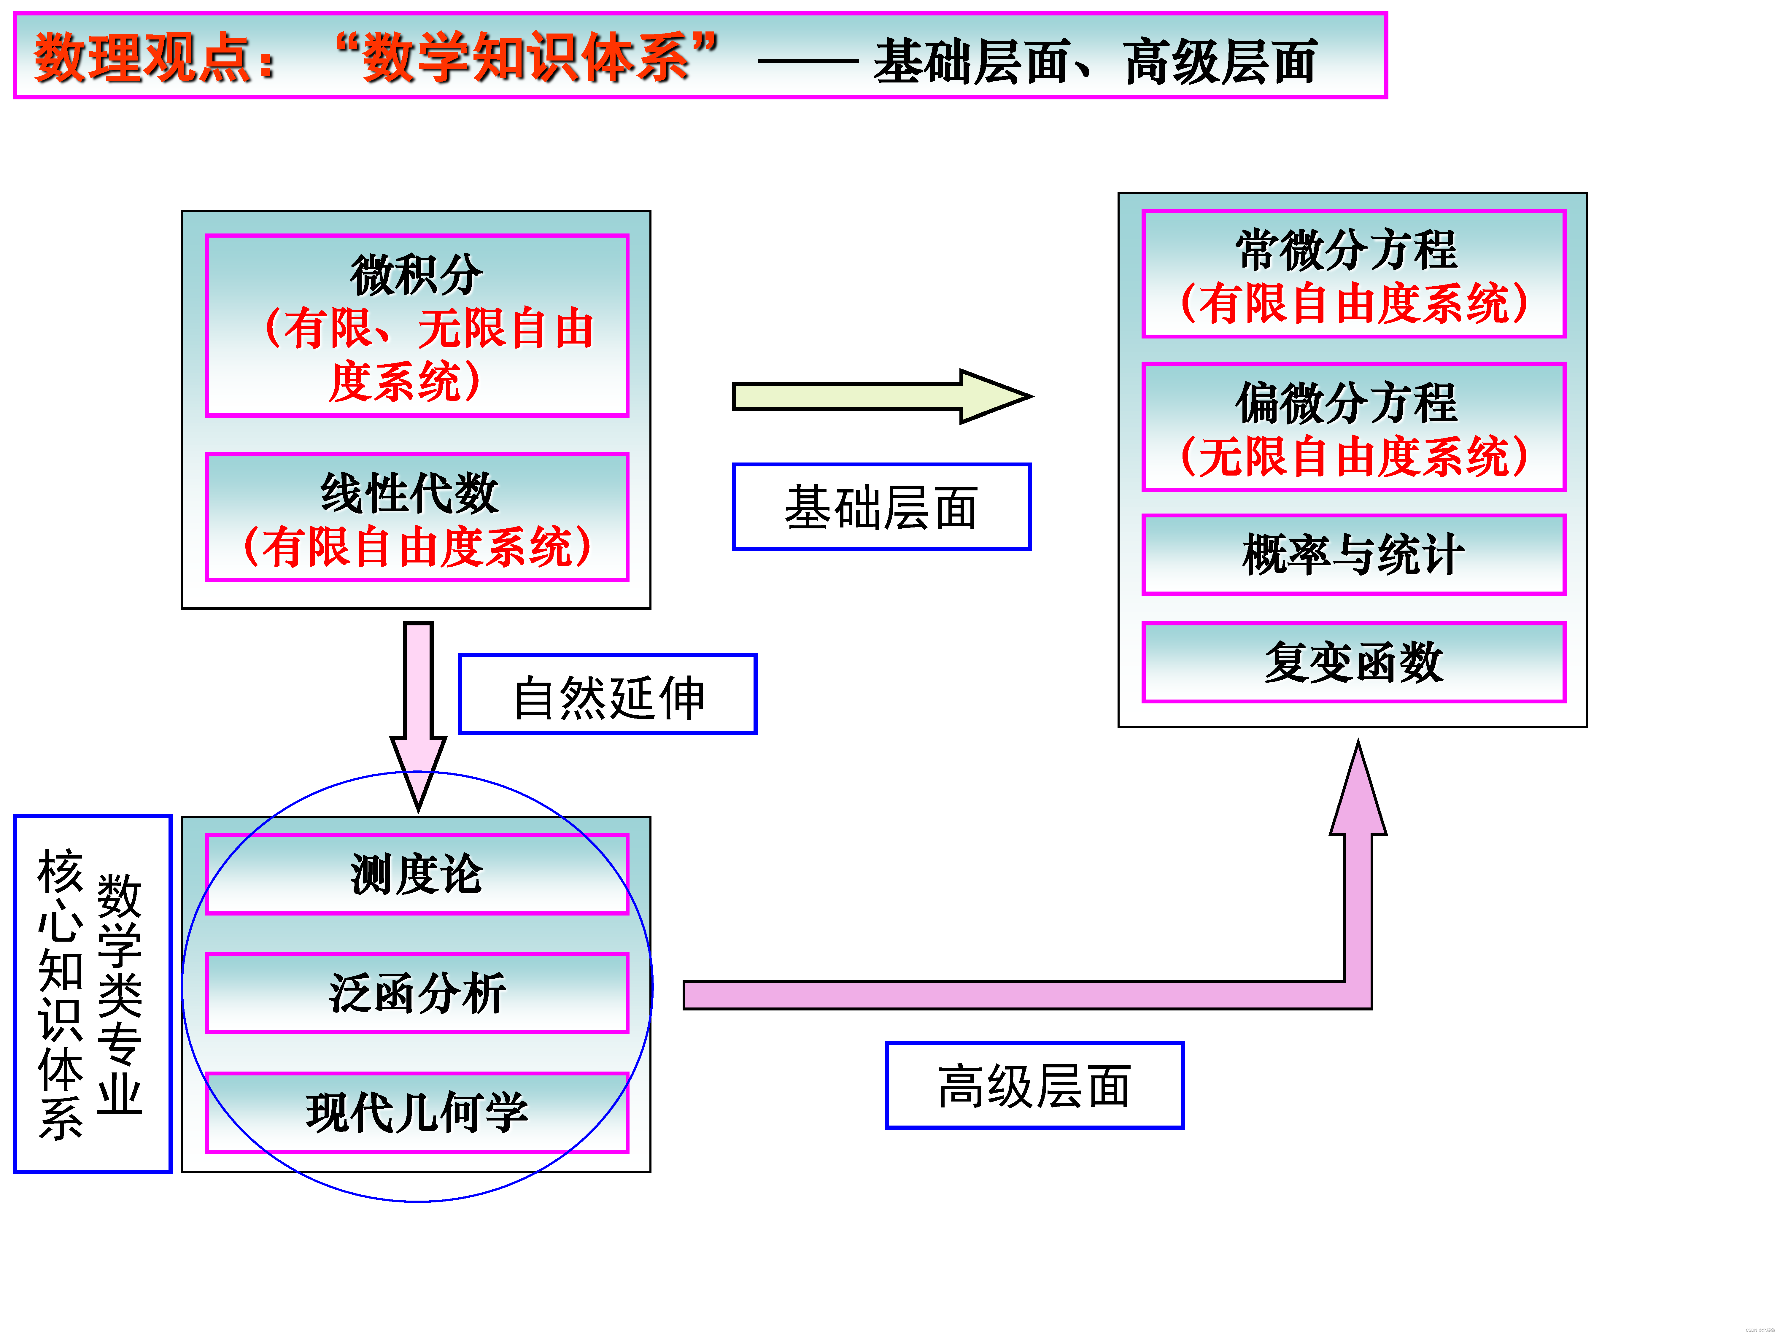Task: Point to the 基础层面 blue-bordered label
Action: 881,507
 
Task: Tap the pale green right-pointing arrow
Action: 881,396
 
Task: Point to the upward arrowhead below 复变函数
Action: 1358,793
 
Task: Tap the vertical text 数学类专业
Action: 119,994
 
